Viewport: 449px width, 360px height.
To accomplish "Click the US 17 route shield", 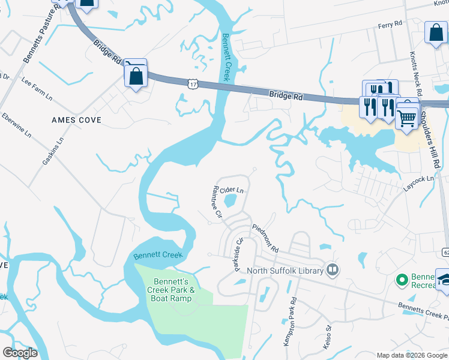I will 192,83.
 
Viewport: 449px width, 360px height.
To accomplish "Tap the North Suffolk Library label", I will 289,270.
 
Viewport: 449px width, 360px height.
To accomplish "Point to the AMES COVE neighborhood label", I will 76,120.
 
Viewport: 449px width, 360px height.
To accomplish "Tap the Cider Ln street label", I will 232,190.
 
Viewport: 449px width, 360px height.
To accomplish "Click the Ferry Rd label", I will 389,26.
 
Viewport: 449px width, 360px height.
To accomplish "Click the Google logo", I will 20,353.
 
